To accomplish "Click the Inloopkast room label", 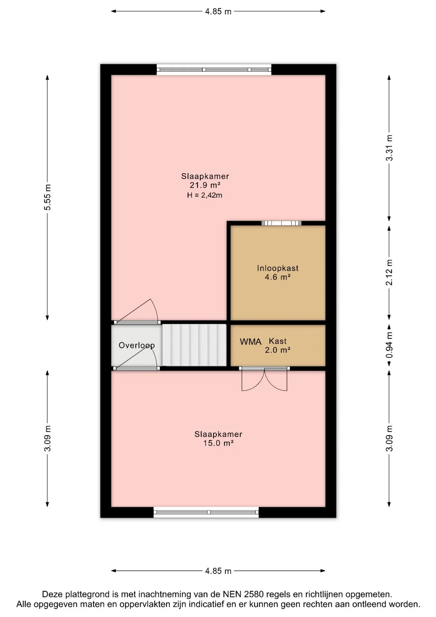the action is [x=278, y=268].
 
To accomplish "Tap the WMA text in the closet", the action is [x=251, y=342].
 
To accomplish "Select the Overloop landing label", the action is [x=137, y=345].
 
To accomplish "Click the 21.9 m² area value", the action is [x=205, y=185].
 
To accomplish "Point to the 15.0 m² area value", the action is [x=218, y=443].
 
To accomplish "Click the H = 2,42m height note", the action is [x=205, y=195].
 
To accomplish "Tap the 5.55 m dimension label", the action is [x=48, y=197].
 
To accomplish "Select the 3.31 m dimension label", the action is [x=389, y=148].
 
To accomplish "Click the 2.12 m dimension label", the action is [x=389, y=272].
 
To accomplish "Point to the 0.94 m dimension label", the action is [x=389, y=345].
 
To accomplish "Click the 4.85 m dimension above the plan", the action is [x=218, y=12].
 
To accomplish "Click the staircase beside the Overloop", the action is [x=194, y=345].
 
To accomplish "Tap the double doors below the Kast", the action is [x=264, y=379].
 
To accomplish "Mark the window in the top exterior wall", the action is [x=214, y=69].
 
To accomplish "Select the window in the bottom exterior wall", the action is [x=206, y=512].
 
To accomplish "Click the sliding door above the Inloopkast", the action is [x=282, y=223].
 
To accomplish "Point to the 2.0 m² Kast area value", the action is [x=278, y=350].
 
